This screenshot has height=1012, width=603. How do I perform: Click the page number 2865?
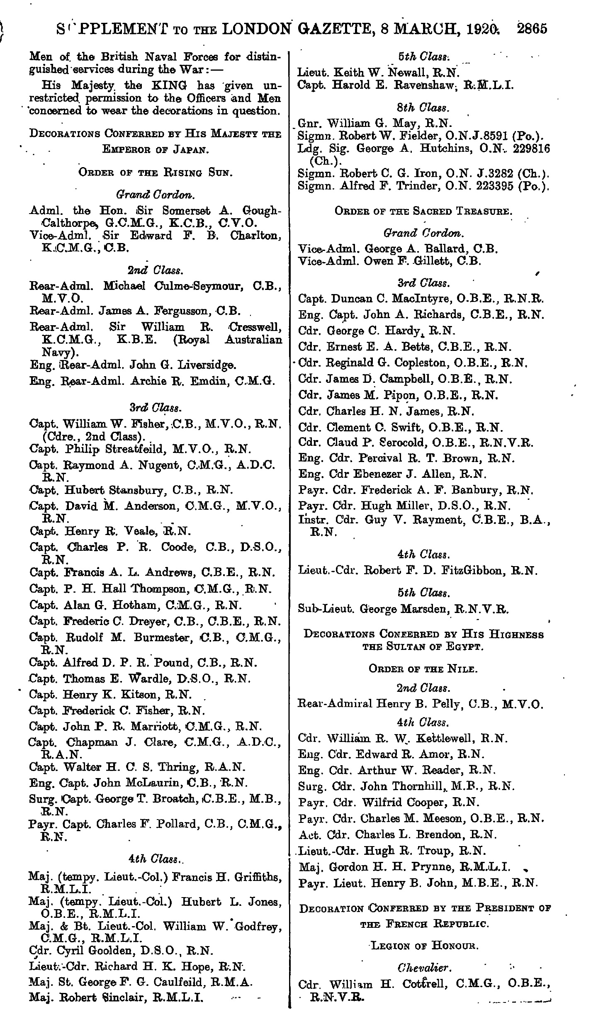coord(532,29)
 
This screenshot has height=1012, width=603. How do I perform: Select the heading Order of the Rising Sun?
coord(156,173)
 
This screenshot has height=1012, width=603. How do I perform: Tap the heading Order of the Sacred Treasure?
coord(423,211)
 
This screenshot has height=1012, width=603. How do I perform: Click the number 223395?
coord(484,187)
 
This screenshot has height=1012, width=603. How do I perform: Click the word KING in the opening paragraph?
coord(167,86)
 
